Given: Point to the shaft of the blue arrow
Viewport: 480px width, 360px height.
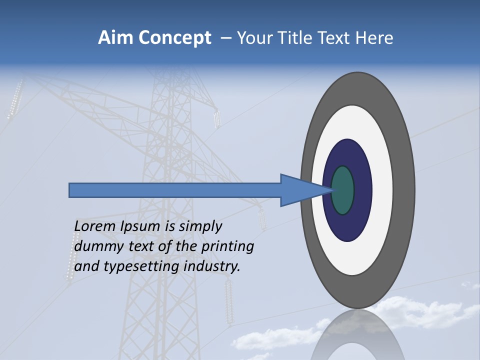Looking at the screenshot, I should (x=175, y=190).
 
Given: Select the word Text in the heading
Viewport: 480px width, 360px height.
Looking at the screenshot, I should (x=333, y=38).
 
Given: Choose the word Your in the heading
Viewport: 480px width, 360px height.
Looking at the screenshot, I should (x=253, y=38).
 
